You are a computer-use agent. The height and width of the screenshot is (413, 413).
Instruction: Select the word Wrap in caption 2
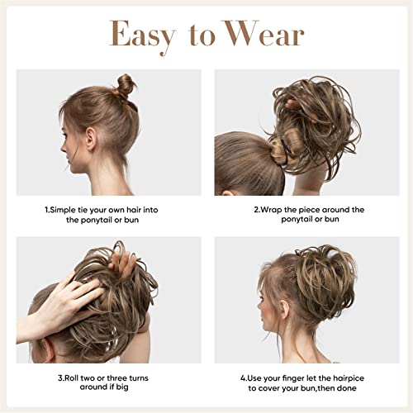(274, 210)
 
